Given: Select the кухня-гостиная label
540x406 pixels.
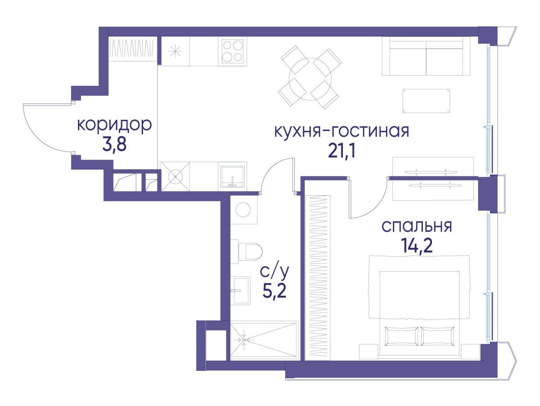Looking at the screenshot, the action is [x=342, y=131].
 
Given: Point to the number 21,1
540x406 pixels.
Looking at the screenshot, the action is [x=342, y=152].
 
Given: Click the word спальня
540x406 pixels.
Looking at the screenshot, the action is [x=417, y=226].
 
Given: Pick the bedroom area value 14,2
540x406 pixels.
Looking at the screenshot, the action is [x=417, y=246].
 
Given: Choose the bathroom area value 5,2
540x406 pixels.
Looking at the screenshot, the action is [x=274, y=291].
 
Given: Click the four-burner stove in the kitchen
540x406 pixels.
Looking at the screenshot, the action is [x=232, y=52].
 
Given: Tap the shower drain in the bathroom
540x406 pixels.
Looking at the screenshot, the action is [x=244, y=340].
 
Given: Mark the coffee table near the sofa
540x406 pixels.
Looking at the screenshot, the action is [x=426, y=101].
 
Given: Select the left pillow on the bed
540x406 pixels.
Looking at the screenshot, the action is [x=401, y=336].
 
